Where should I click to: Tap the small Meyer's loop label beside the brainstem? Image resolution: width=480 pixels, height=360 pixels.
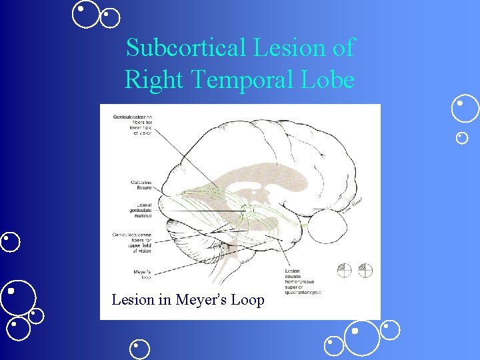click(141, 274)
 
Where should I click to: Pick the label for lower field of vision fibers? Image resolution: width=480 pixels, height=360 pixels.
click(133, 125)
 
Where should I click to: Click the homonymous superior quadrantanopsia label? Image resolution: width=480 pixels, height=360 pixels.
click(304, 283)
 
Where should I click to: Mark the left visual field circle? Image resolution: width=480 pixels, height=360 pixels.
click(344, 271)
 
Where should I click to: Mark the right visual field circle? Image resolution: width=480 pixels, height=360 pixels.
click(365, 271)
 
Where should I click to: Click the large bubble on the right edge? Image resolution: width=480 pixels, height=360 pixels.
click(465, 109)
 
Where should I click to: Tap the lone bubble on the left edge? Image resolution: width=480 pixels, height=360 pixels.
click(10, 241)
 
